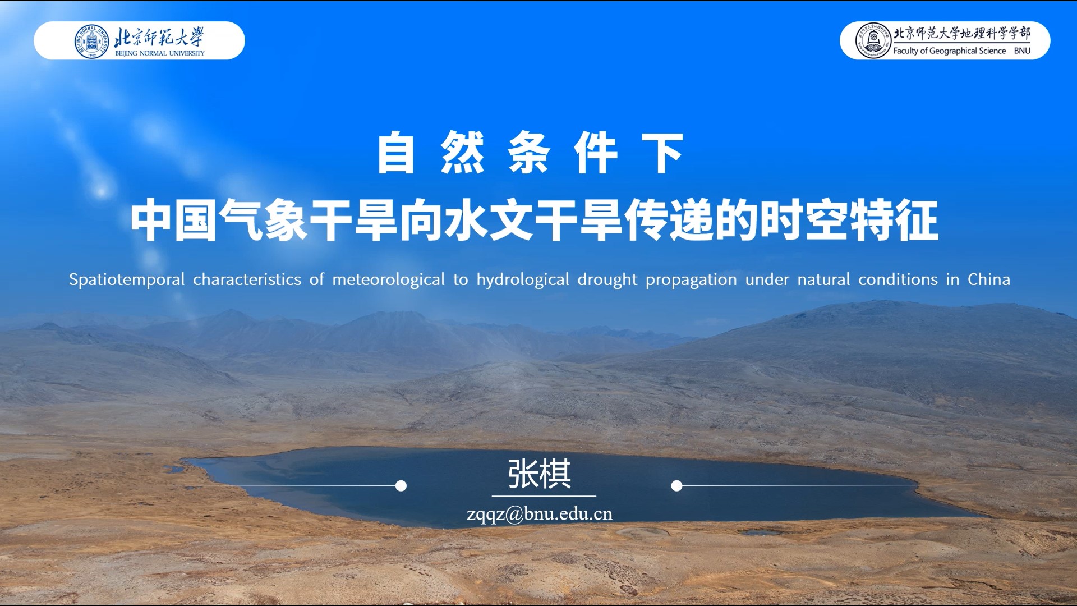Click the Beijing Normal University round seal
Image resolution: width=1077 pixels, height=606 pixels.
pos(91,41)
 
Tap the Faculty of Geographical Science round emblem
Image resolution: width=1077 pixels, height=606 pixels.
pos(873,41)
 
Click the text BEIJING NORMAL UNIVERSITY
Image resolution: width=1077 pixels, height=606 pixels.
pos(160,53)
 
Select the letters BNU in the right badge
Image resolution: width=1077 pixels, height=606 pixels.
pos(1022,50)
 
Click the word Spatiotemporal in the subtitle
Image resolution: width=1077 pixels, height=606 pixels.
pos(127,279)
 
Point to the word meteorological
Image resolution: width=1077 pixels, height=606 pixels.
pos(388,279)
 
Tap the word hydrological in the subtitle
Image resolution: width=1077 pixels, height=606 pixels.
pos(523,279)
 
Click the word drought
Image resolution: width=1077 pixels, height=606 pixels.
pos(607,279)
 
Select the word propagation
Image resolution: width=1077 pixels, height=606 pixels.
pos(691,280)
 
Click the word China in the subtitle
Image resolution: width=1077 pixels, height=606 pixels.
pos(989,279)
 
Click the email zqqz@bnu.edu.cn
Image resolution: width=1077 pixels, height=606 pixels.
pos(540,514)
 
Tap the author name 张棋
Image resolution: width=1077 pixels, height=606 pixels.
pos(540,474)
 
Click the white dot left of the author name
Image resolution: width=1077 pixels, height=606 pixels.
pos(401,486)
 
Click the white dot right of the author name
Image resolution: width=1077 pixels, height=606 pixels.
pos(677,486)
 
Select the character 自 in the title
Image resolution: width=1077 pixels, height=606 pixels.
pos(396,153)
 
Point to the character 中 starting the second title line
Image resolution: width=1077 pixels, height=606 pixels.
pos(151,221)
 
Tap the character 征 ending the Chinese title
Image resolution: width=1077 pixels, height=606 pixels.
pos(917,221)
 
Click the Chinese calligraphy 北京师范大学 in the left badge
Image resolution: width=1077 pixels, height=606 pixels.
pos(159,37)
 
